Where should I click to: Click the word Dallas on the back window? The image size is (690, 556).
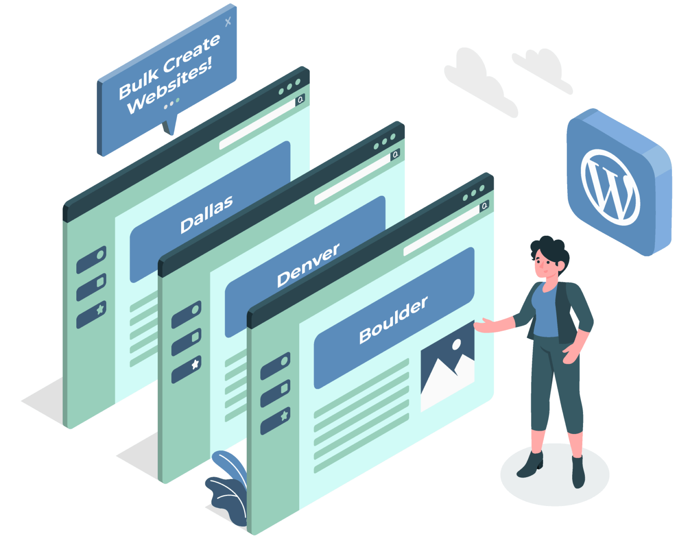click(x=207, y=214)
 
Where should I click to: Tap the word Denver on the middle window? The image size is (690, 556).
click(x=308, y=266)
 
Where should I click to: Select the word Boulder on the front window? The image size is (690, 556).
click(x=393, y=320)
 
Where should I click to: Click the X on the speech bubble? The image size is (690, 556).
click(x=228, y=21)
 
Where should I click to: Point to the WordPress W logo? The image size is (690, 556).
click(x=610, y=187)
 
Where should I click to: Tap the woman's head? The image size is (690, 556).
click(x=548, y=259)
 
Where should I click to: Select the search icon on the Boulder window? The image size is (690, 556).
click(x=485, y=206)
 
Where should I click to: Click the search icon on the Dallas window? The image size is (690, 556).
click(x=300, y=100)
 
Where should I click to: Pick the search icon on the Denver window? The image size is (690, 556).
click(x=395, y=154)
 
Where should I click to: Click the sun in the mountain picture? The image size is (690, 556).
click(x=456, y=344)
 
